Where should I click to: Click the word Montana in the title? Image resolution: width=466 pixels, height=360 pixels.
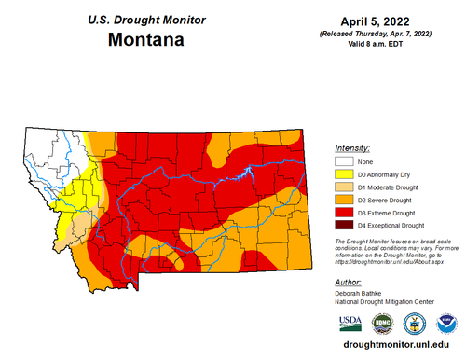(x=144, y=40)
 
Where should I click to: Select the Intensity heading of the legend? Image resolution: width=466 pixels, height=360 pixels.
(x=351, y=148)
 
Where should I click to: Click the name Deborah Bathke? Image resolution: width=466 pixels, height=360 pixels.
(x=361, y=292)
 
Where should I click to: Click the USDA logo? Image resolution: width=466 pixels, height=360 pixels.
(x=350, y=324)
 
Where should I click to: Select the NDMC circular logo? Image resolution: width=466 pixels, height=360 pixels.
(x=382, y=323)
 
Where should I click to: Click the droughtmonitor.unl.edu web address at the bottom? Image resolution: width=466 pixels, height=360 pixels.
(x=397, y=345)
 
